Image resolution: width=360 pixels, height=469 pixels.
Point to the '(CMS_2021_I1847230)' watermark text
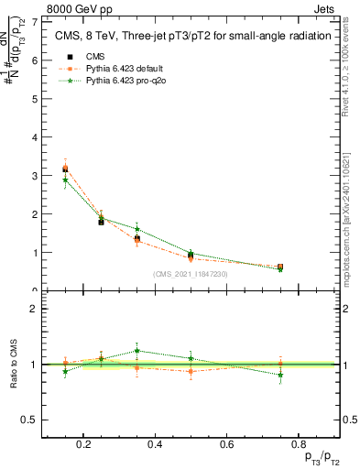click(191, 274)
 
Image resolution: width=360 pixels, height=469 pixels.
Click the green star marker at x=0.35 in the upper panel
click(137, 229)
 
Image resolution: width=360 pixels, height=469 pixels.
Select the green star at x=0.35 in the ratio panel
click(137, 350)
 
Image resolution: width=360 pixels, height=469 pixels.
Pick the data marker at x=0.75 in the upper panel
click(279, 267)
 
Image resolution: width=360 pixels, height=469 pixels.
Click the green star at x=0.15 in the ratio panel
click(65, 371)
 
